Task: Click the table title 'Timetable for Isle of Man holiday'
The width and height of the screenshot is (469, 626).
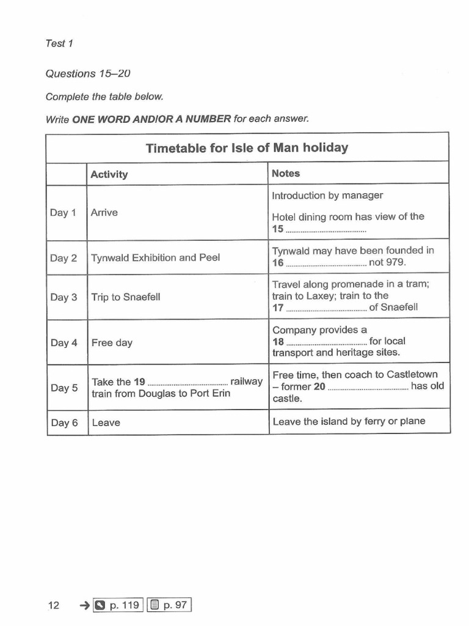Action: click(x=247, y=148)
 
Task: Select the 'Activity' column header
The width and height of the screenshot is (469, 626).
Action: click(x=109, y=174)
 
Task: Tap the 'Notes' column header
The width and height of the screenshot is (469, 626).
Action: click(x=286, y=174)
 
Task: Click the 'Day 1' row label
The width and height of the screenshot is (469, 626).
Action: click(x=64, y=213)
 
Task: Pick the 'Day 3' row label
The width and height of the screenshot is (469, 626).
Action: click(x=64, y=297)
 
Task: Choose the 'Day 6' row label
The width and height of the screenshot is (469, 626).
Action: click(x=64, y=422)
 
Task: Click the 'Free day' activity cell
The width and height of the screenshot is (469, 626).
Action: click(x=112, y=343)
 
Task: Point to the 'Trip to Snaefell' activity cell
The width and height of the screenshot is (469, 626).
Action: click(x=126, y=297)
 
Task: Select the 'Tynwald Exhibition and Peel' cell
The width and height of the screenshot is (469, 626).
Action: click(x=155, y=258)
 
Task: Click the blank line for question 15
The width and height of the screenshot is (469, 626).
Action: click(x=326, y=230)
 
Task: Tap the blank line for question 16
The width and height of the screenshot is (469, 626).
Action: click(x=326, y=263)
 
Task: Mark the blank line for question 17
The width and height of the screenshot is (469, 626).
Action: click(x=326, y=308)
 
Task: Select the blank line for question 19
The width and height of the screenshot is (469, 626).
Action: click(x=187, y=383)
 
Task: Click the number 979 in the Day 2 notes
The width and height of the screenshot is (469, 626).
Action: click(x=395, y=263)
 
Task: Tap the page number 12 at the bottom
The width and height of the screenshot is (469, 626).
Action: click(x=54, y=605)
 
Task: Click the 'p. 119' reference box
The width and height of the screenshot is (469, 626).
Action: click(x=118, y=605)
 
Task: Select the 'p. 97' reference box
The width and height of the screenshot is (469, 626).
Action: click(x=169, y=605)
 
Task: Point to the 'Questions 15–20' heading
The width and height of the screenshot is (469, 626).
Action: click(x=88, y=73)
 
